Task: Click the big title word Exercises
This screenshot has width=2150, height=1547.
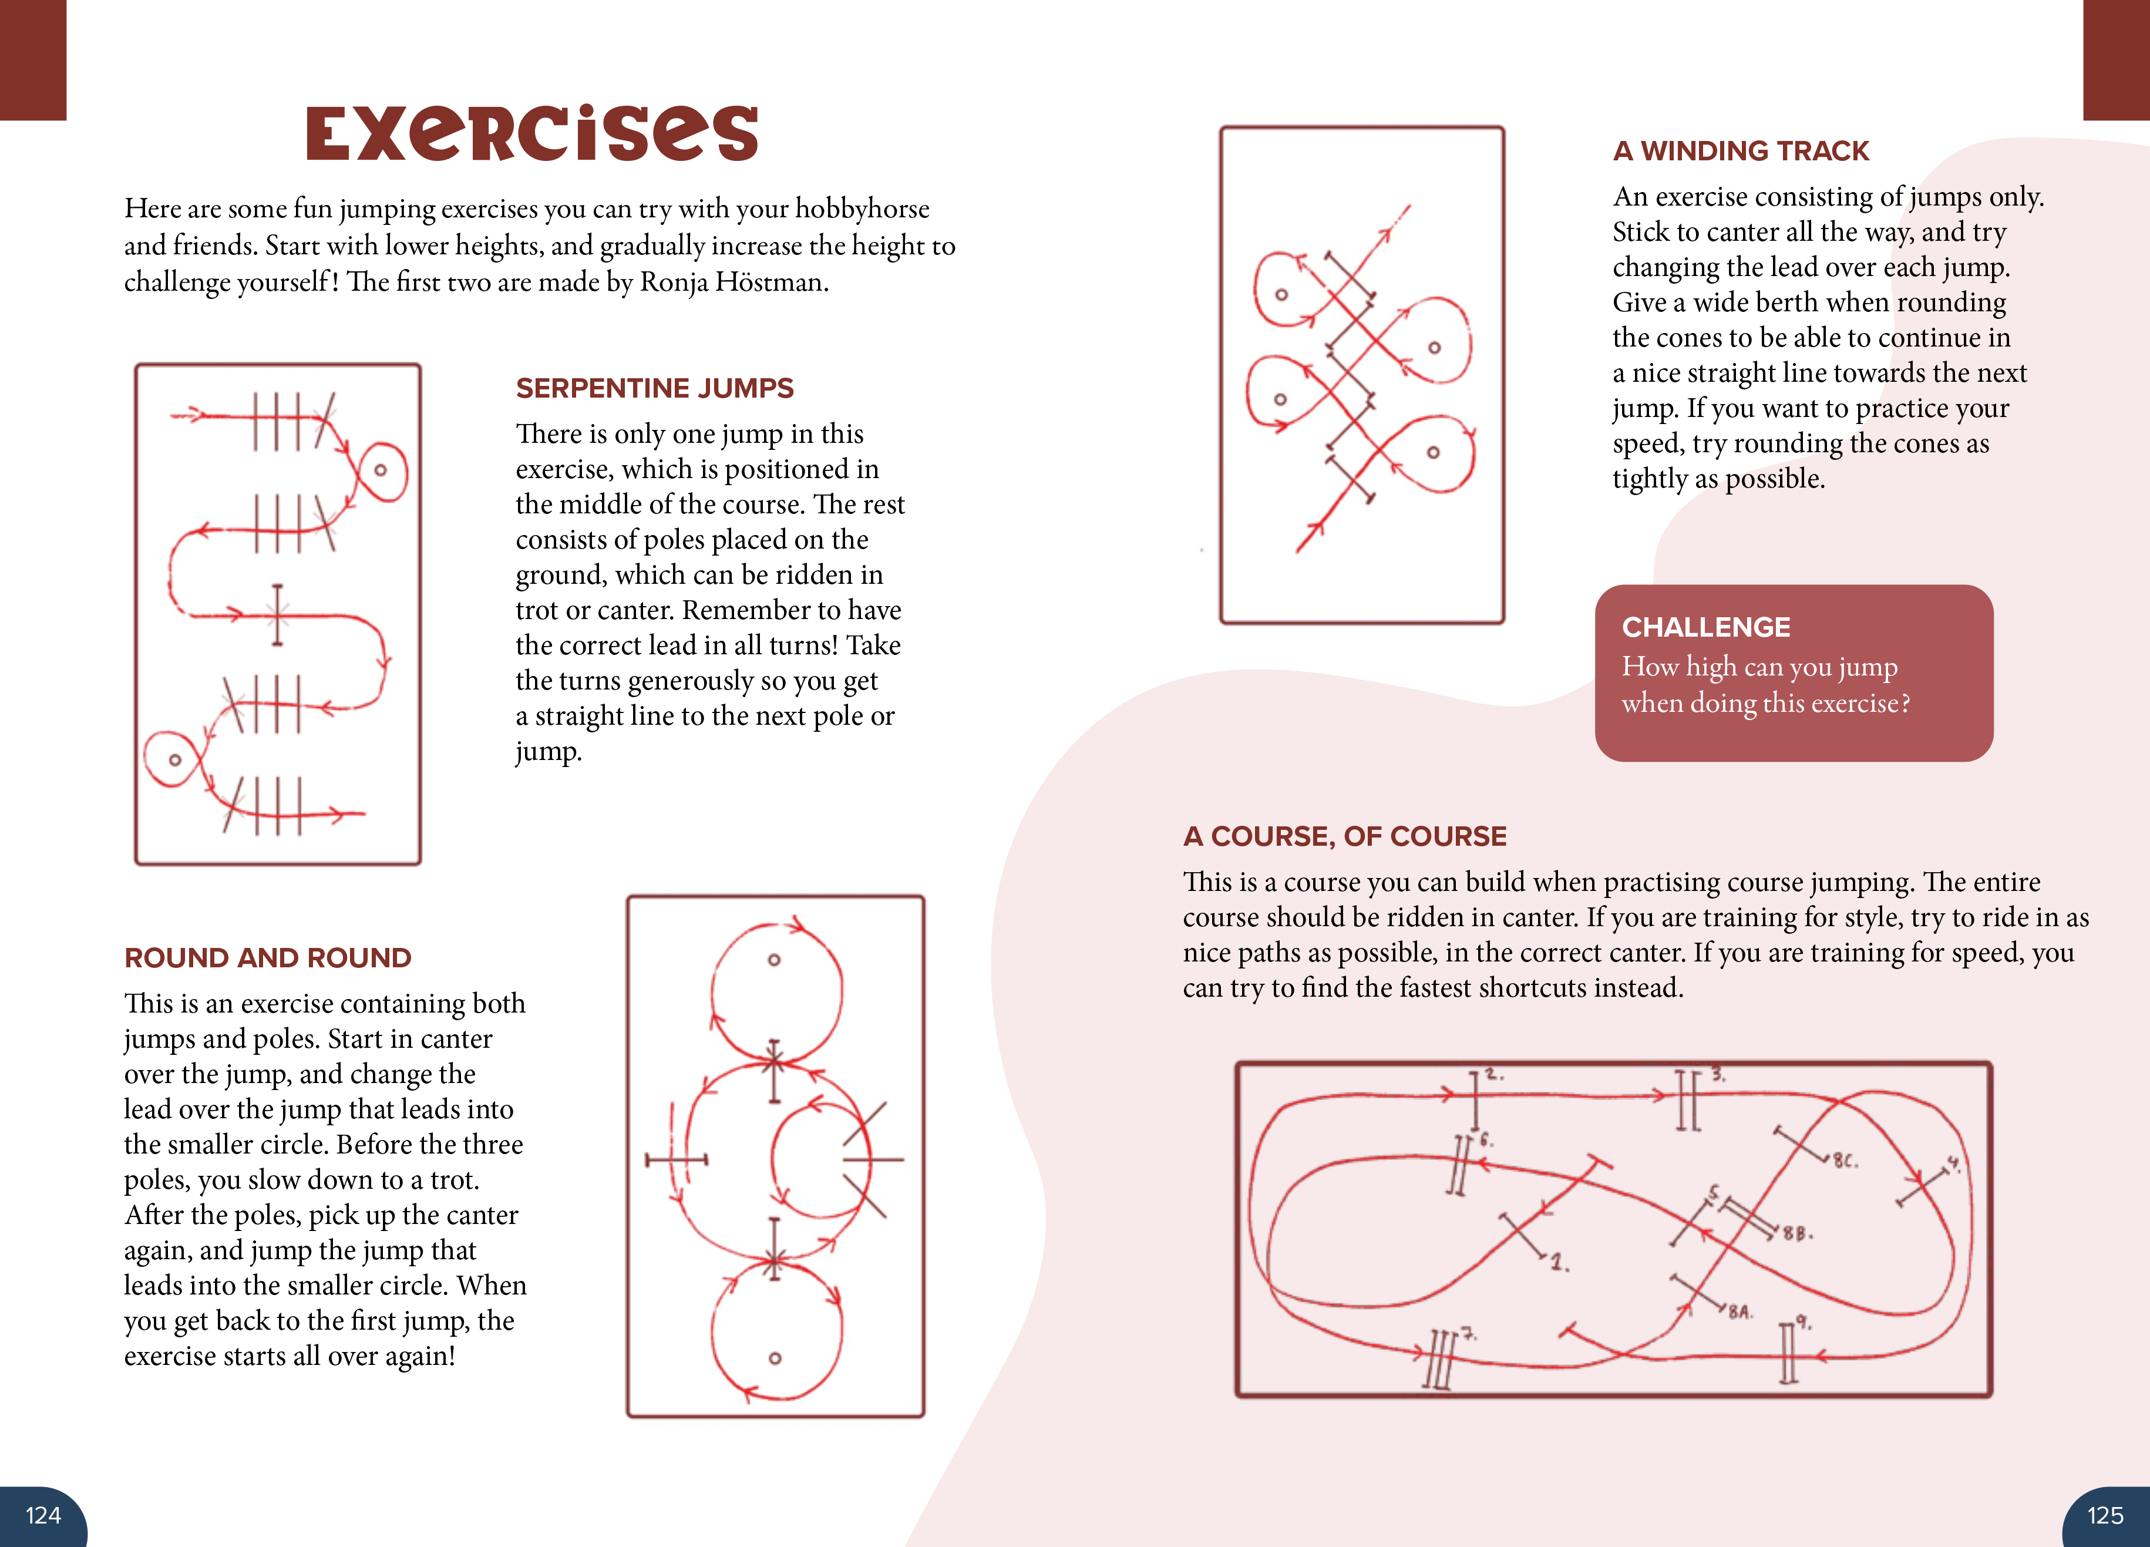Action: click(532, 134)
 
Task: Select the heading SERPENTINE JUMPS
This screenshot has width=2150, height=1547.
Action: click(654, 388)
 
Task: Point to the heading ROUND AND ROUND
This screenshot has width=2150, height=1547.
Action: click(267, 957)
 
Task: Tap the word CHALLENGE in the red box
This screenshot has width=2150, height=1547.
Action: click(1705, 627)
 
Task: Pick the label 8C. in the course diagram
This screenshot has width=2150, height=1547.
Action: click(1845, 1161)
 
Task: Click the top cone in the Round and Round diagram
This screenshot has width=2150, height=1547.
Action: click(773, 959)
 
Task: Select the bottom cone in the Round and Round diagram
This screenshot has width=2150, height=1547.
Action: click(775, 1357)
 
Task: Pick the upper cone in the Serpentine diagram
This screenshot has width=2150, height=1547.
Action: click(380, 470)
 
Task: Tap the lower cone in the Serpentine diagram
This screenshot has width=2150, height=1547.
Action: click(174, 759)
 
